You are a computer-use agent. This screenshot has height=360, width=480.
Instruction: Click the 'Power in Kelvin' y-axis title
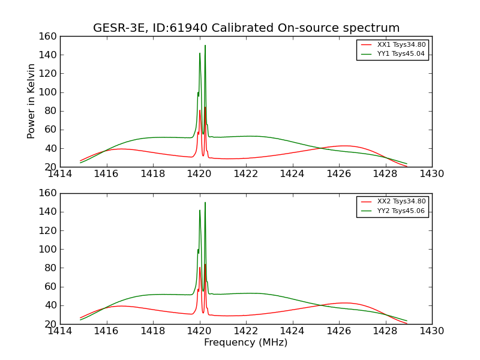click(x=31, y=101)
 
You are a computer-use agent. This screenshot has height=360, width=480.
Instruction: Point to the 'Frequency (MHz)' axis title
click(x=245, y=343)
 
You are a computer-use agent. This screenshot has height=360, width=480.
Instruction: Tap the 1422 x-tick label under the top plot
click(x=245, y=174)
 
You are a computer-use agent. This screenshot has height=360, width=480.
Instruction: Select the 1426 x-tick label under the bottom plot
click(x=338, y=331)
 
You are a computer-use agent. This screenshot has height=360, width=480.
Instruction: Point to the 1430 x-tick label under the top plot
click(x=431, y=174)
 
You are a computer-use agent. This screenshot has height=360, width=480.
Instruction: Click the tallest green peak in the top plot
click(x=205, y=46)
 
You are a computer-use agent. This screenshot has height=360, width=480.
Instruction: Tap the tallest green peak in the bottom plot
click(x=205, y=203)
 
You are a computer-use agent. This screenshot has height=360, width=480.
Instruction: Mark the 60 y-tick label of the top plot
click(x=51, y=130)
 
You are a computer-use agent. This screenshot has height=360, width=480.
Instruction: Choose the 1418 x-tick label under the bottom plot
click(x=153, y=331)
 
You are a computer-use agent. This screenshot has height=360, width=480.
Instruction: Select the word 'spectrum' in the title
click(x=374, y=28)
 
